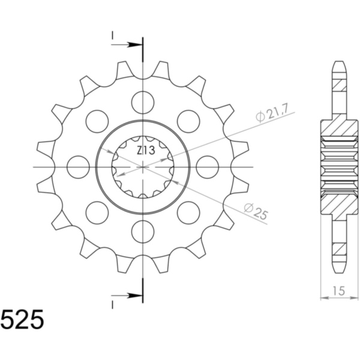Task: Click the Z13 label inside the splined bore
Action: [143, 150]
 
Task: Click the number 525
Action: [22, 320]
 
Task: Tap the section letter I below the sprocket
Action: [112, 304]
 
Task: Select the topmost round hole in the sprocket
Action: [143, 101]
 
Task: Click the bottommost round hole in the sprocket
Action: [143, 231]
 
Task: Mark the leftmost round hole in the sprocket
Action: [78, 166]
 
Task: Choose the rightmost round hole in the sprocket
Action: [208, 166]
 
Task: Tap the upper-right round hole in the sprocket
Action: [188, 121]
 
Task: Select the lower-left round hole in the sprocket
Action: [97, 212]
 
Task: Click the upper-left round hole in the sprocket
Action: [97, 121]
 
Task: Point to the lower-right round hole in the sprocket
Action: [188, 212]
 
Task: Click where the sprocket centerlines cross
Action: [143, 166]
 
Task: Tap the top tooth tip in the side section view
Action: [340, 65]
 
